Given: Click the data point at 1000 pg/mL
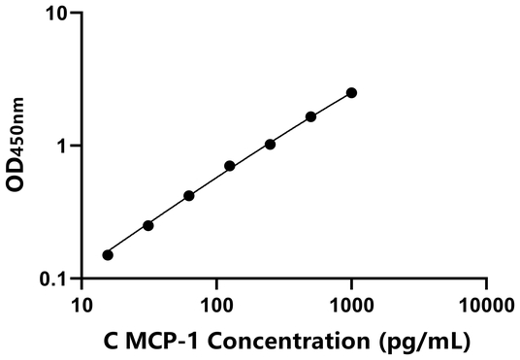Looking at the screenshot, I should coord(351,93).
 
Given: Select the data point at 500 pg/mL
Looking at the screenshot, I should coord(310,116).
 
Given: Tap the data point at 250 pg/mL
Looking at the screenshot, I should coord(270,145).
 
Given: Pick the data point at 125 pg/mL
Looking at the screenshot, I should coord(230,166).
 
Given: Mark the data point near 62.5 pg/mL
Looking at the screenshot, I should coord(188,196).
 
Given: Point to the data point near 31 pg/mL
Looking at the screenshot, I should coord(148,225).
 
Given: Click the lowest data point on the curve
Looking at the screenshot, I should coord(108,255).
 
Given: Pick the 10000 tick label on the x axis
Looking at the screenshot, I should coord(485,306).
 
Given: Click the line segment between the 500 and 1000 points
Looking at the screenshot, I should coord(331,105).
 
